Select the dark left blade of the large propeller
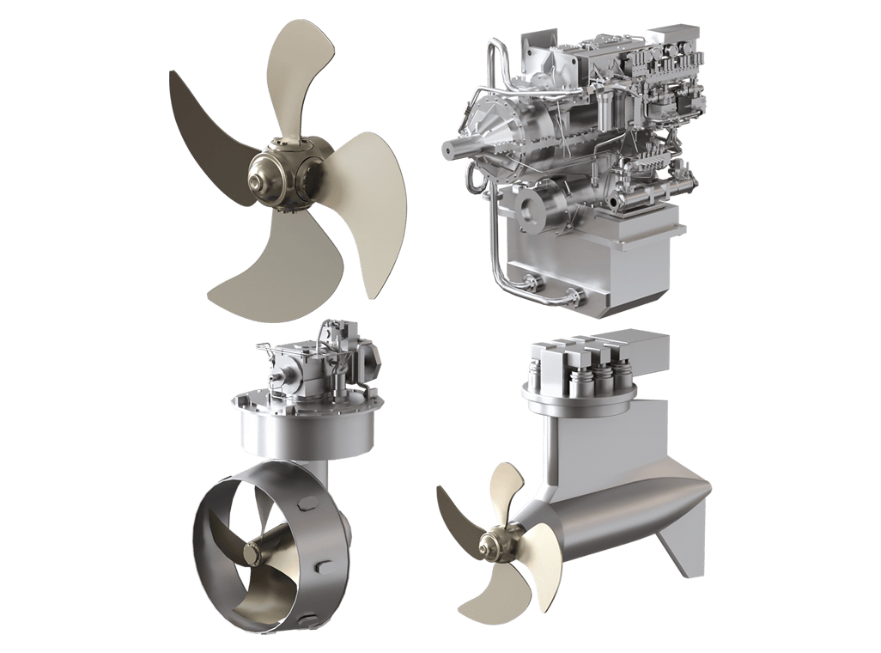pos(206,129)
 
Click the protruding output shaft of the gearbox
pos(455,148)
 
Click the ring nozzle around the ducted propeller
pos(215,550)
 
